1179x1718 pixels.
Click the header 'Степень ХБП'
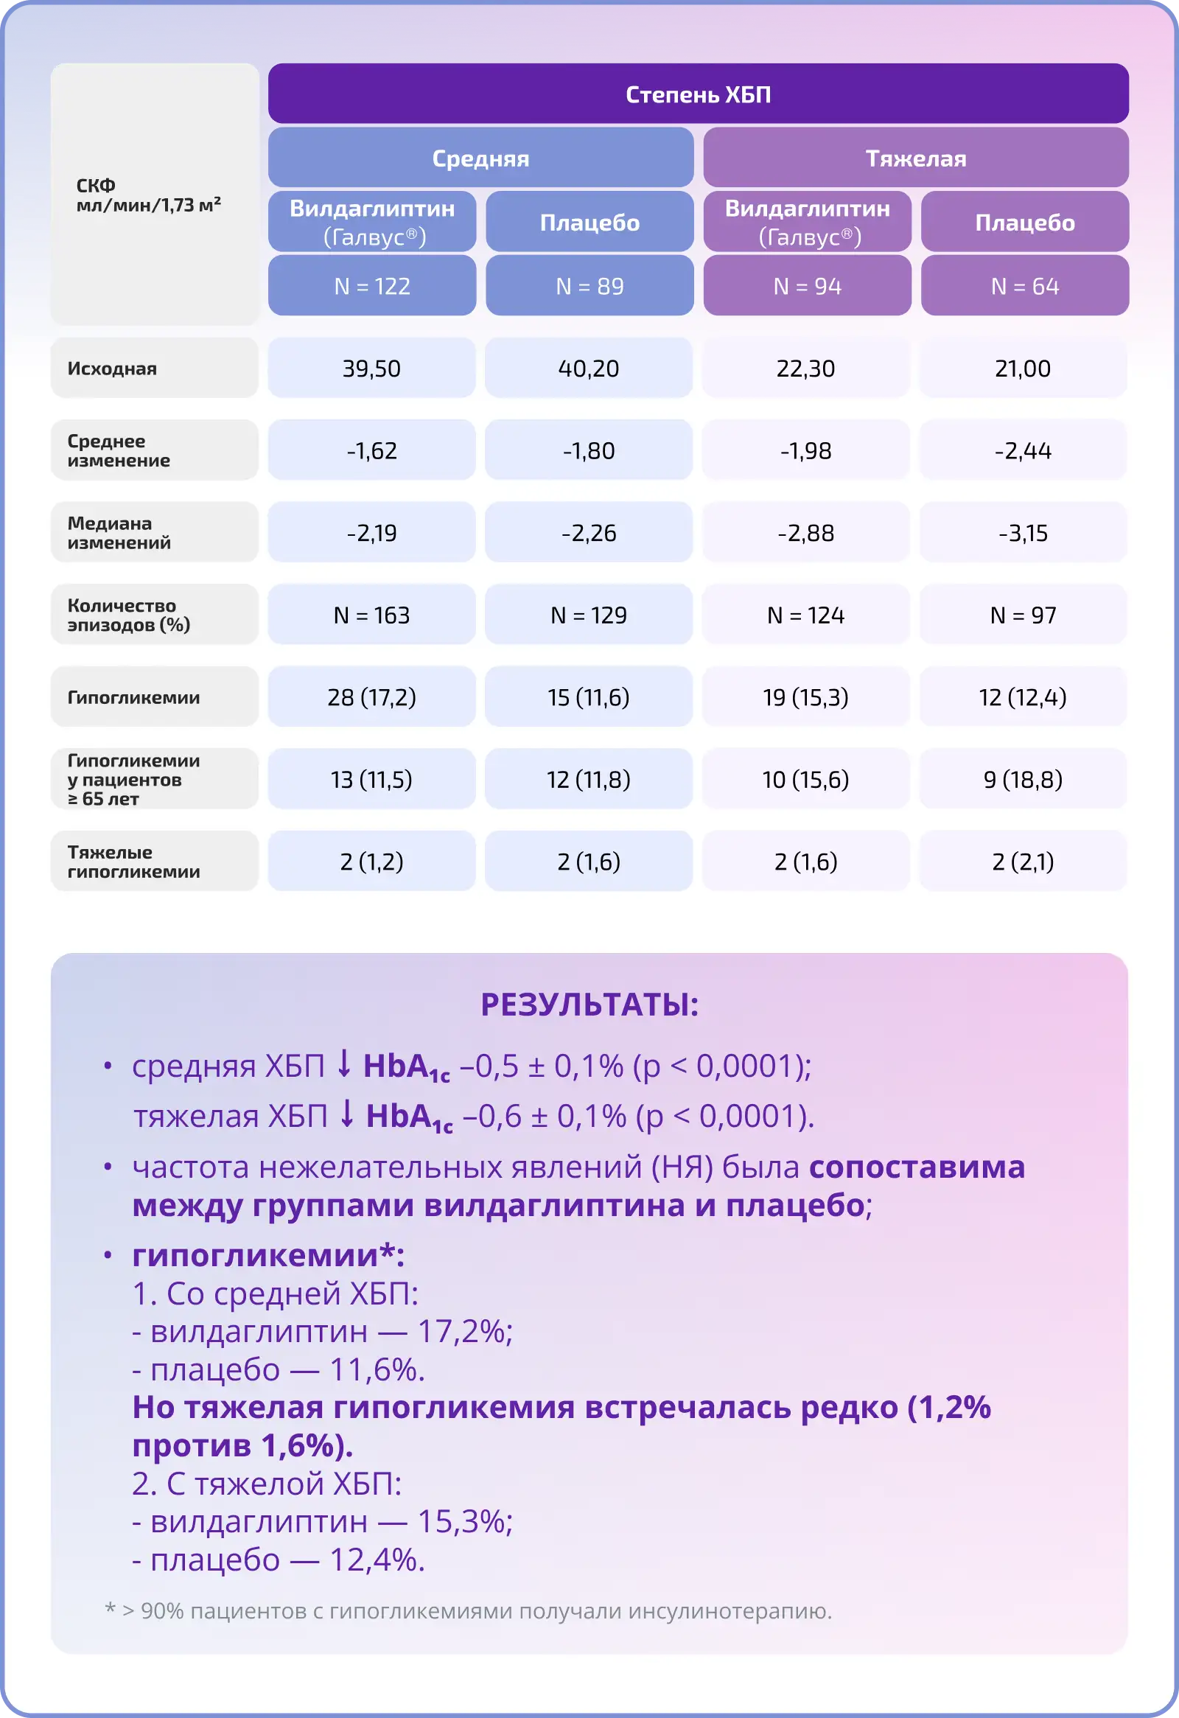[698, 94]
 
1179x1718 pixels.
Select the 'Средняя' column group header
[480, 158]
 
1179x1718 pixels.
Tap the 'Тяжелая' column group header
[916, 158]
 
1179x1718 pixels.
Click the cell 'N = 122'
[372, 286]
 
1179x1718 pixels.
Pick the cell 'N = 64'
[1024, 286]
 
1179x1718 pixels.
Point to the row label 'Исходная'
[112, 369]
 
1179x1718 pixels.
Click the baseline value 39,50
[371, 369]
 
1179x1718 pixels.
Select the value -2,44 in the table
[1023, 450]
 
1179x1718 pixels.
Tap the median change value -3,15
[1023, 533]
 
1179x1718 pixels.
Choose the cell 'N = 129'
[588, 615]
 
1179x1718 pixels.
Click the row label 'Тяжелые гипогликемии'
[134, 862]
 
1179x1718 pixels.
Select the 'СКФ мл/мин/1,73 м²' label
[148, 195]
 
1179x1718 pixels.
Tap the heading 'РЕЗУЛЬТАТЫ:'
[589, 1005]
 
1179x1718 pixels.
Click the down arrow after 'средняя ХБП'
[343, 1064]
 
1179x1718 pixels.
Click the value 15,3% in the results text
[464, 1521]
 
